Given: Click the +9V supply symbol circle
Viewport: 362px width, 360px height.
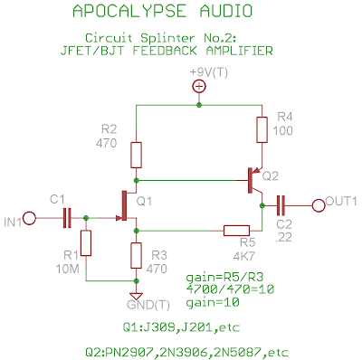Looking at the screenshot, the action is pos(199,87).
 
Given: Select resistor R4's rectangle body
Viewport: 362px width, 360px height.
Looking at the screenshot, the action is pos(262,129).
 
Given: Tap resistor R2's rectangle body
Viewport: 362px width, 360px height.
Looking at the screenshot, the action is pos(136,155).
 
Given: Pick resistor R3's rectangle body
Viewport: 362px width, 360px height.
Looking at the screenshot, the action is pos(136,255).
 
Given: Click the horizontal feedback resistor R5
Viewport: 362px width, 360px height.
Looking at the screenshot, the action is pos(236,231).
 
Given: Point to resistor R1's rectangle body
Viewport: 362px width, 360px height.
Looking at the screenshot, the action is pos(86,243).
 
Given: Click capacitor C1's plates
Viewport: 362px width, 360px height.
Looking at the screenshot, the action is pos(67,218).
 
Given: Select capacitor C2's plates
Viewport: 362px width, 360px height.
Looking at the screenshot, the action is pos(281,205).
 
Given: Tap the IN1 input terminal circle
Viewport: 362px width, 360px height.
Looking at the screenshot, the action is pos(29,218).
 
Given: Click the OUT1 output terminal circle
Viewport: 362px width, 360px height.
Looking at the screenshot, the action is pos(319,205).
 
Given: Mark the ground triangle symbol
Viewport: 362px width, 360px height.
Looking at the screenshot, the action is pos(136,296).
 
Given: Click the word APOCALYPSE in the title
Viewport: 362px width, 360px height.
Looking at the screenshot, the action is pos(129,11).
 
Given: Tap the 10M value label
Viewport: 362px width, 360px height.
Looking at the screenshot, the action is pos(68,269).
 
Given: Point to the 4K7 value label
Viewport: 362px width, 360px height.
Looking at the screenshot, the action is pos(244,256).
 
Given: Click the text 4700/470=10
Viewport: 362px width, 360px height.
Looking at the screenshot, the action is pos(230,289).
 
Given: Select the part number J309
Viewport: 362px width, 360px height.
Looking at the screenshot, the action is pos(160,327).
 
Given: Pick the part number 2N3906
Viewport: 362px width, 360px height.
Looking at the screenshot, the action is pos(184,352).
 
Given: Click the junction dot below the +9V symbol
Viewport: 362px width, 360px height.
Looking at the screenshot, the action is pos(199,105).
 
